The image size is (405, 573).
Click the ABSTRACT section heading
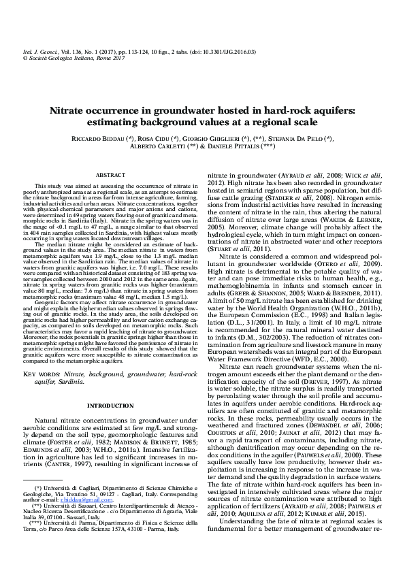(110, 175)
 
